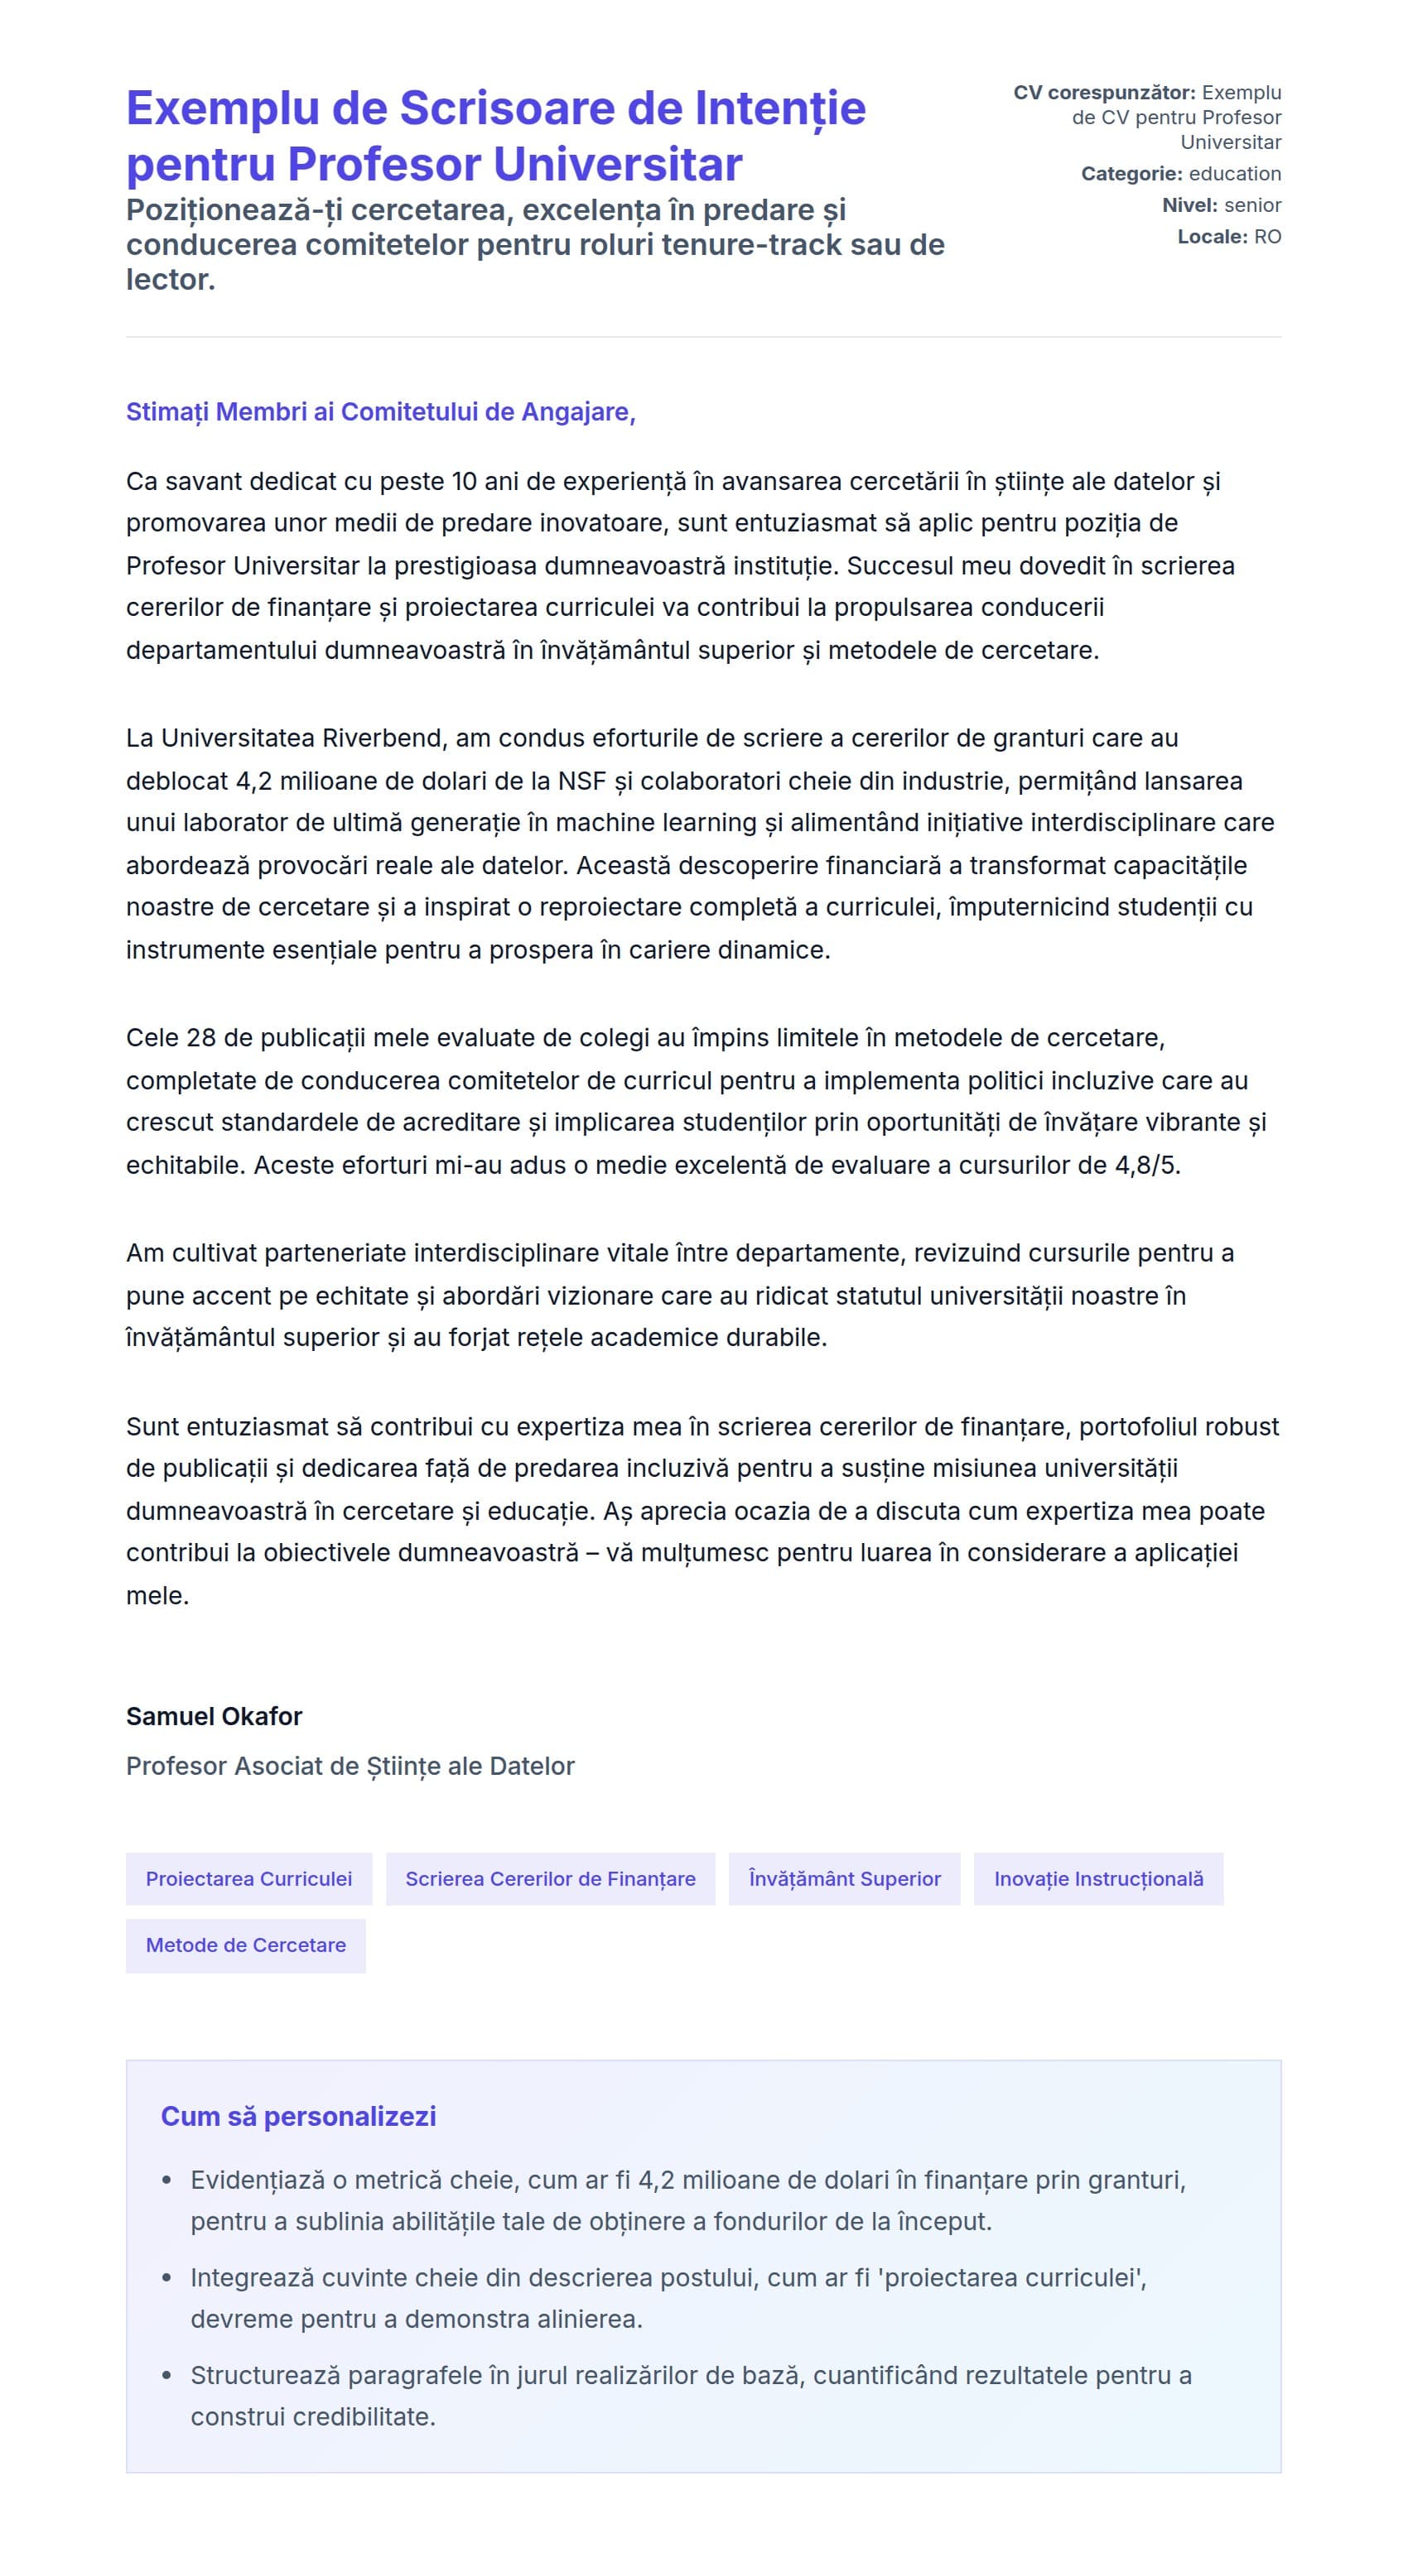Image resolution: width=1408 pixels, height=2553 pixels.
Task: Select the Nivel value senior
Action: pyautogui.click(x=1252, y=205)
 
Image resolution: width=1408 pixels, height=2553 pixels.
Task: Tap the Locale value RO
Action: pyautogui.click(x=1267, y=237)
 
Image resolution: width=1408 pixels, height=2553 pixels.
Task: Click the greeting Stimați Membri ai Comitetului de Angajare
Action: pyautogui.click(x=380, y=411)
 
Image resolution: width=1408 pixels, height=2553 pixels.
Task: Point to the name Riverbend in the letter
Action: pyautogui.click(x=386, y=738)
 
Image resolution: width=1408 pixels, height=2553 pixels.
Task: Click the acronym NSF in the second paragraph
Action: pyautogui.click(x=581, y=781)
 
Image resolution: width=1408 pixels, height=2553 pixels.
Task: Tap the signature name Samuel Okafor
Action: pyautogui.click(x=213, y=1717)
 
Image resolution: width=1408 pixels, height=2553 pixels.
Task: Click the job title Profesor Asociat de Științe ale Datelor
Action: pyautogui.click(x=350, y=1766)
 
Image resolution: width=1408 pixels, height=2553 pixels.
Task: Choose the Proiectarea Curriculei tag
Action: pyautogui.click(x=248, y=1879)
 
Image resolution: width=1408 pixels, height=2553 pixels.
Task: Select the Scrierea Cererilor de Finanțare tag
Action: pyautogui.click(x=550, y=1879)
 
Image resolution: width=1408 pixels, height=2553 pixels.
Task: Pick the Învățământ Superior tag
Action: pyautogui.click(x=844, y=1879)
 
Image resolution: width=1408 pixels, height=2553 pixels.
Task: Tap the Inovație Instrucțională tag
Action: pyautogui.click(x=1097, y=1879)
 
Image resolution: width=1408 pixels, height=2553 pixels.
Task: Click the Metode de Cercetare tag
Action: pyautogui.click(x=246, y=1945)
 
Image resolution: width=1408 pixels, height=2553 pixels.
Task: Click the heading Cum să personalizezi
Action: pyautogui.click(x=297, y=2117)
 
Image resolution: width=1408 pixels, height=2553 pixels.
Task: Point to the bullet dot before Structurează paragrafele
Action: pyautogui.click(x=167, y=2376)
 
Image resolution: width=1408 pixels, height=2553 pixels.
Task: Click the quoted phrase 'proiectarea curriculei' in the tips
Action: pyautogui.click(x=1011, y=2277)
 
